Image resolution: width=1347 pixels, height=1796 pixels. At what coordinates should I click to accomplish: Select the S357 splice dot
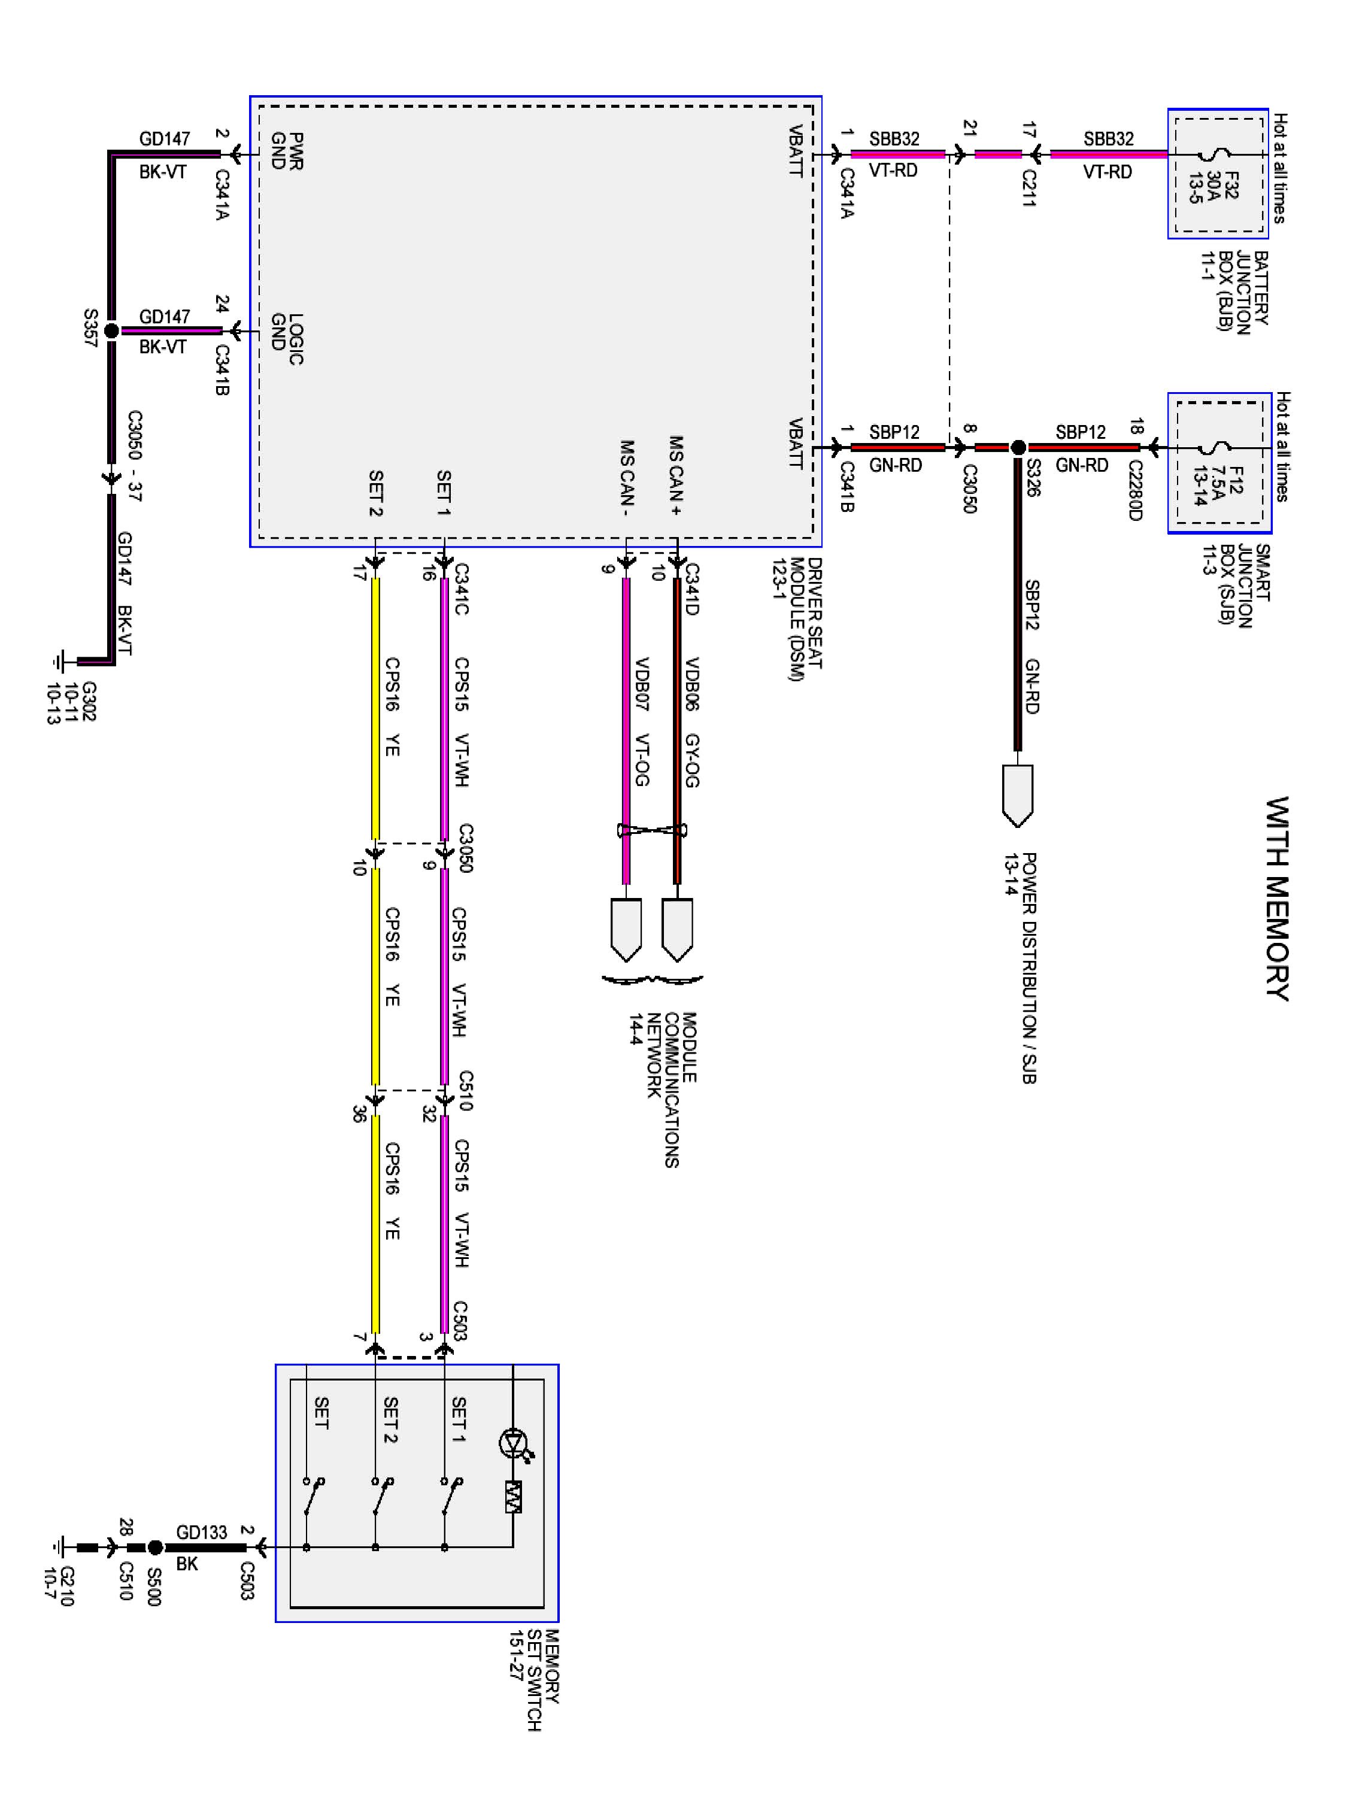[x=112, y=330]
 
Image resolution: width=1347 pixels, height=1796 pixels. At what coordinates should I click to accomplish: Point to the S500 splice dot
[x=155, y=1548]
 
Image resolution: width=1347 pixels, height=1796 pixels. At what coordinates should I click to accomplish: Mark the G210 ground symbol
[x=59, y=1548]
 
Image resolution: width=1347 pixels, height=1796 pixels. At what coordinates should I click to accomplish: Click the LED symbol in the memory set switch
[x=513, y=1443]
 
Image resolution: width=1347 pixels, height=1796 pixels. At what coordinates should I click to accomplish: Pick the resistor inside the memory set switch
[x=513, y=1497]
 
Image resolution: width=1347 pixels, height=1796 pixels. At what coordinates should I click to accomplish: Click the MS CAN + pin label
[x=675, y=475]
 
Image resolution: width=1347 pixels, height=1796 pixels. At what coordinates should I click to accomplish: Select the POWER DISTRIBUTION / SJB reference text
[x=1021, y=967]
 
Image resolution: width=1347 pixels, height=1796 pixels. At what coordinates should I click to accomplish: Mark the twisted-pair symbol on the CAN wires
[x=652, y=830]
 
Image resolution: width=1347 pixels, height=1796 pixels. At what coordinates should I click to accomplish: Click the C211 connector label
[x=1029, y=187]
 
